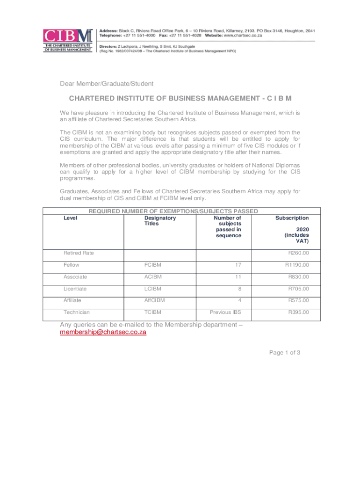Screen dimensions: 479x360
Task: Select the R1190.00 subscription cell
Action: [297, 265]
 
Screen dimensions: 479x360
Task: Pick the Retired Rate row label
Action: [79, 253]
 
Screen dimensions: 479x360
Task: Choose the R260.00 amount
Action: [298, 253]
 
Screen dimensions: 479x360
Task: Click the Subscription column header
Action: [292, 218]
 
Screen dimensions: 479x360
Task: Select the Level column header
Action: [71, 218]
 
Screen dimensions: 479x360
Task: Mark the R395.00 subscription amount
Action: [298, 312]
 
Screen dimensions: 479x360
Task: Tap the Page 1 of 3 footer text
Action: [284, 353]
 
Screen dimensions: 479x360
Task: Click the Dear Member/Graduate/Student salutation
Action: [107, 84]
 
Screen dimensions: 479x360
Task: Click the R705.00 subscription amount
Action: [298, 288]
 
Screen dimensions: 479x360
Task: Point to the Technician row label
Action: [77, 312]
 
